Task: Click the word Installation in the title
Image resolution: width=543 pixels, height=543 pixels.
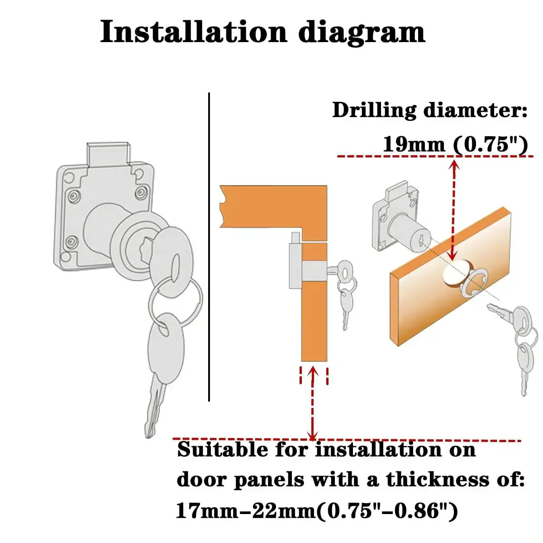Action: [193, 31]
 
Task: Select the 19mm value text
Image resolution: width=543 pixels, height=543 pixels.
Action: [414, 144]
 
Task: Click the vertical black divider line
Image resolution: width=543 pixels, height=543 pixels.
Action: [209, 247]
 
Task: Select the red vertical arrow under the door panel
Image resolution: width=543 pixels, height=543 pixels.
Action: [313, 404]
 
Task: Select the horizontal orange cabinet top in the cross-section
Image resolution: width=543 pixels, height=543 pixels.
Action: [273, 206]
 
